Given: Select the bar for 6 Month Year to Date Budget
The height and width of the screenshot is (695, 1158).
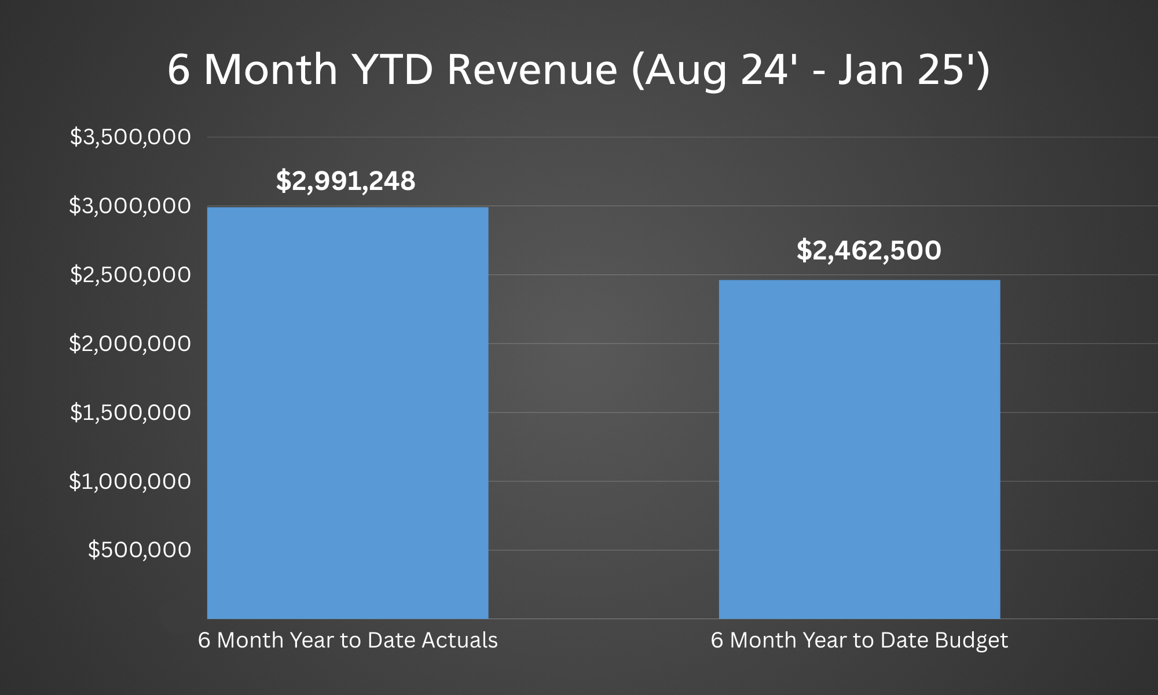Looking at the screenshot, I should [859, 449].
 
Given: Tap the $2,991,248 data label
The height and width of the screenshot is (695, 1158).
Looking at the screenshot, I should [346, 181].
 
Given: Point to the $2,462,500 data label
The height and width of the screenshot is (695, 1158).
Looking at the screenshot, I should [868, 250].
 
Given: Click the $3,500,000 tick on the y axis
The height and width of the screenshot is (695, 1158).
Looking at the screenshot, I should [130, 137].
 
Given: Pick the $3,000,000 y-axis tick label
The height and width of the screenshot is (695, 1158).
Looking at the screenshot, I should [130, 206].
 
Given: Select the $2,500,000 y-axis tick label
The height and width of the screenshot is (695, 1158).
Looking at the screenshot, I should [130, 275].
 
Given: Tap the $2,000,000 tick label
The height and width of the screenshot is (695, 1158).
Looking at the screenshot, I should [130, 343].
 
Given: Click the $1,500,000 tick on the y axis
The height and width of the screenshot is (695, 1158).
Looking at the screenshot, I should [130, 412].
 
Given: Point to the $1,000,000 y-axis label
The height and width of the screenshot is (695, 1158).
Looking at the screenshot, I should [130, 481].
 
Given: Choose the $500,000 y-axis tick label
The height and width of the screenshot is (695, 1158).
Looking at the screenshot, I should [140, 550].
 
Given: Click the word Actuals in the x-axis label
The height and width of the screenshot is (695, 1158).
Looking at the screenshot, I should [460, 640].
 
